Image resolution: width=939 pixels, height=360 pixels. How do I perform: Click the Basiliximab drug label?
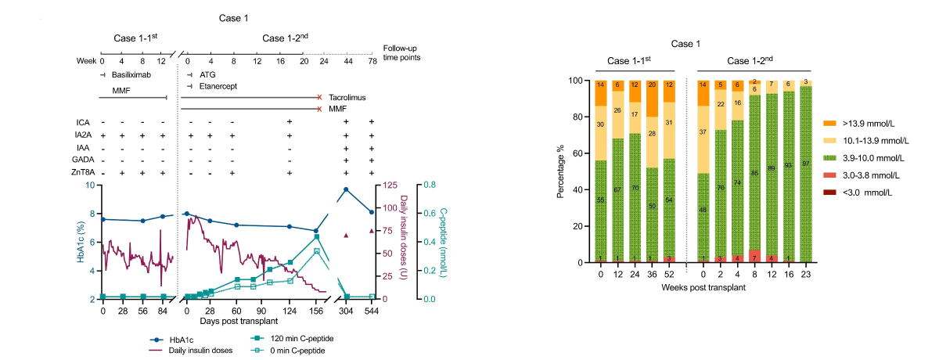131,75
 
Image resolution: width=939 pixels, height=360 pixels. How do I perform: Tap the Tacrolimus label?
347,98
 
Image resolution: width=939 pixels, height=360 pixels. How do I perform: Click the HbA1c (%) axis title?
81,242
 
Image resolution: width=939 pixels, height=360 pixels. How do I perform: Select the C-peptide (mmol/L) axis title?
443,242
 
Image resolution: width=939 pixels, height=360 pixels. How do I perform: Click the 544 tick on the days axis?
371,310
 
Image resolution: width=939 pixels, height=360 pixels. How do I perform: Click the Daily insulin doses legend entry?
198,351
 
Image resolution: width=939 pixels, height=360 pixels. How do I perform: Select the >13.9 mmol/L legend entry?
876,123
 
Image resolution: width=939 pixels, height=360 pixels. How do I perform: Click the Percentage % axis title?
561,171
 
